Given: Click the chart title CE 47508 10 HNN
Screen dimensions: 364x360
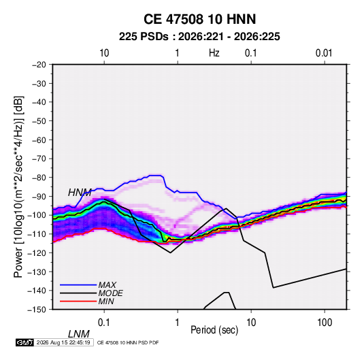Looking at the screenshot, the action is point(199,19).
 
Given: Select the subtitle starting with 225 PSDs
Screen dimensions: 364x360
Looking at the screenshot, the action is point(199,37).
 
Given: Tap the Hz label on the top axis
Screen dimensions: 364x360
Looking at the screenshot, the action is point(214,53).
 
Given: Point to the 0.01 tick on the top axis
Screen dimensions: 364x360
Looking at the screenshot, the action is point(324,53).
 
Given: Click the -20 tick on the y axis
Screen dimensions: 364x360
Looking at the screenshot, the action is point(39,65).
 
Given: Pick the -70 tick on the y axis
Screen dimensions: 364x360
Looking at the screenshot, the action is point(39,159).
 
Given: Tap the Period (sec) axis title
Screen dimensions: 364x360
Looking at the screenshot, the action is point(214,330).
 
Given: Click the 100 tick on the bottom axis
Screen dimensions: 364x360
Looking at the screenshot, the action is point(325,323).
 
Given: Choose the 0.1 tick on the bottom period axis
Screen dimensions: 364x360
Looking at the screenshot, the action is point(104,323).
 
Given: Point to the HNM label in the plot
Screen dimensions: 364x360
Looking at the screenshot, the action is point(80,193).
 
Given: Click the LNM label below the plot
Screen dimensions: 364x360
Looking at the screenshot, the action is point(78,334).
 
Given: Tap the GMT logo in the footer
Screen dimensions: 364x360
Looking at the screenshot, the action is point(24,342).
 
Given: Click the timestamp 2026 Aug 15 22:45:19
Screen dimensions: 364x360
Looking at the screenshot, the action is point(63,342).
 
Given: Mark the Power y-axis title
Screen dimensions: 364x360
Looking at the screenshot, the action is point(18,186).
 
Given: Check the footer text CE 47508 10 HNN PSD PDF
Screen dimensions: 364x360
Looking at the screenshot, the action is point(128,343).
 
